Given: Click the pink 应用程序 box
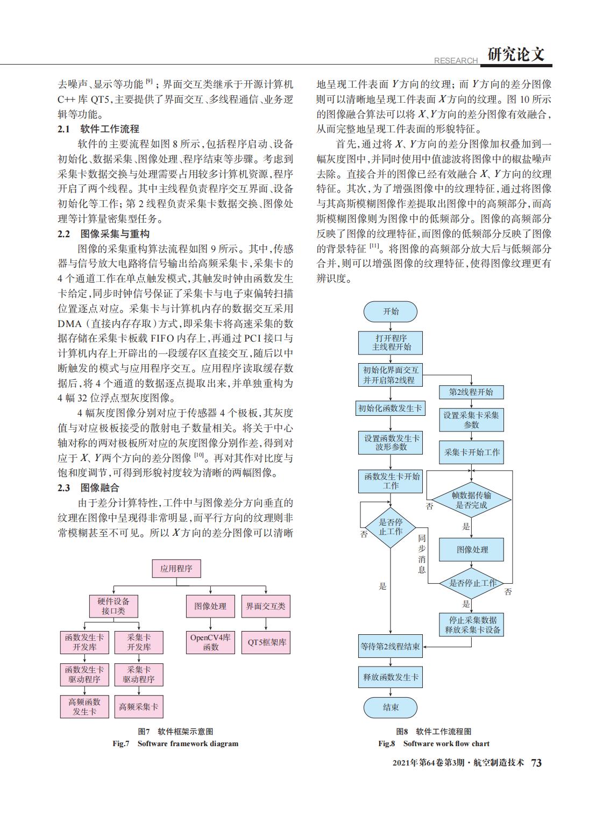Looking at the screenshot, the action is (x=176, y=569).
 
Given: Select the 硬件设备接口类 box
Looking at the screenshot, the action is (x=114, y=606).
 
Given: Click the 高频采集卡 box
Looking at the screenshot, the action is (x=139, y=707).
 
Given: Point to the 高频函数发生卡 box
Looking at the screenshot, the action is (x=84, y=707).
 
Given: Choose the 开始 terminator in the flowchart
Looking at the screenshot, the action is (x=390, y=311).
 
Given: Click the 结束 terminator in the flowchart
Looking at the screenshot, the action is (x=390, y=707).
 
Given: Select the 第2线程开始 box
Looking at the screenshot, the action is (x=471, y=392).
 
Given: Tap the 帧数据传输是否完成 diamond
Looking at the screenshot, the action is (x=471, y=500).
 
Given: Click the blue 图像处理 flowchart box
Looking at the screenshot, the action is (x=471, y=550).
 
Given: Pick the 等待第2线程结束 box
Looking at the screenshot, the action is (x=390, y=646).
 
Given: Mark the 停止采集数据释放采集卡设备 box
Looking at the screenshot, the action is (x=471, y=625).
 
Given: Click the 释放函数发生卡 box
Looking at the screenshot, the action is (x=390, y=677).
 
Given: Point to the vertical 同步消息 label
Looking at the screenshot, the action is (x=422, y=554).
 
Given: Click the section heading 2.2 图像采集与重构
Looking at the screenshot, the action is (x=104, y=234).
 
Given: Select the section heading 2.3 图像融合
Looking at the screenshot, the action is (x=89, y=488).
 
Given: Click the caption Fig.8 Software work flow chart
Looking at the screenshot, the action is (x=434, y=743).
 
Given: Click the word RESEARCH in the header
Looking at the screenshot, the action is (x=456, y=61).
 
